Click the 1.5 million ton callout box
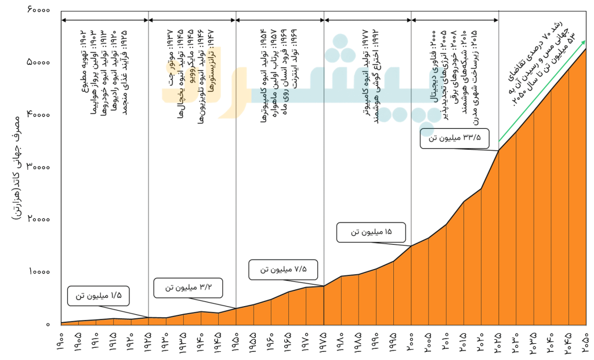pyautogui.click(x=98, y=296)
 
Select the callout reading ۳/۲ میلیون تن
pyautogui.click(x=188, y=288)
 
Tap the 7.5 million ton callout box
pyautogui.click(x=284, y=269)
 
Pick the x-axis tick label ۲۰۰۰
pyautogui.click(x=410, y=340)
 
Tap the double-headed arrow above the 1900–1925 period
pyautogui.click(x=104, y=20)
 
